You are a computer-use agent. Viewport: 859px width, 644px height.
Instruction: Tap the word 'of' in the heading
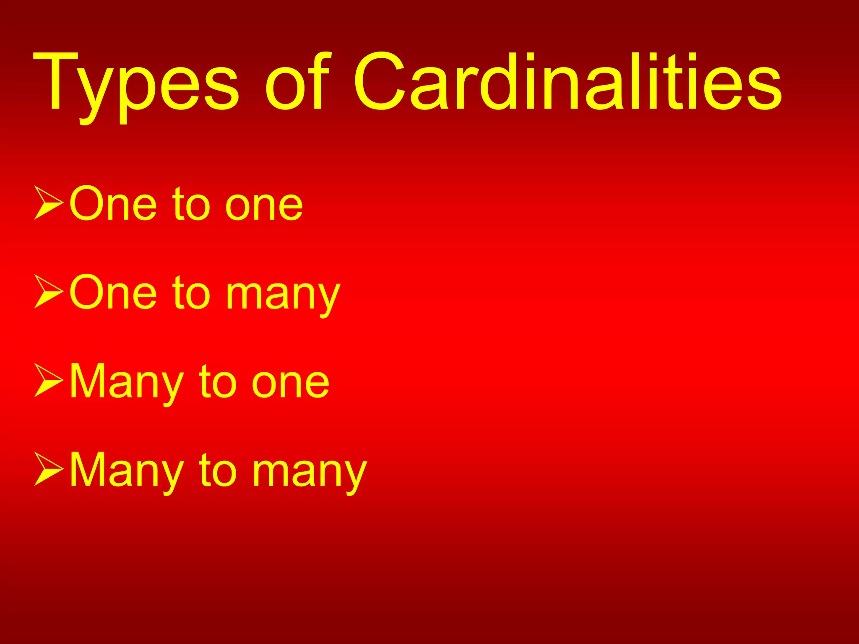point(297,82)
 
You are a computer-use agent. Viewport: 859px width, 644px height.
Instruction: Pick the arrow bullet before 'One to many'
point(49,292)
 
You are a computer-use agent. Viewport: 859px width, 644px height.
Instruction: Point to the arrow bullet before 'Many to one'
point(49,380)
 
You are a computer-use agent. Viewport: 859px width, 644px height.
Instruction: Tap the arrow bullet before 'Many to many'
point(49,469)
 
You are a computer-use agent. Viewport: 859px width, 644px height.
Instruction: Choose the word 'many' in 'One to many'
point(283,296)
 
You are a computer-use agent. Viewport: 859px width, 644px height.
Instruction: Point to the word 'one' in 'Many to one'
point(290,384)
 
